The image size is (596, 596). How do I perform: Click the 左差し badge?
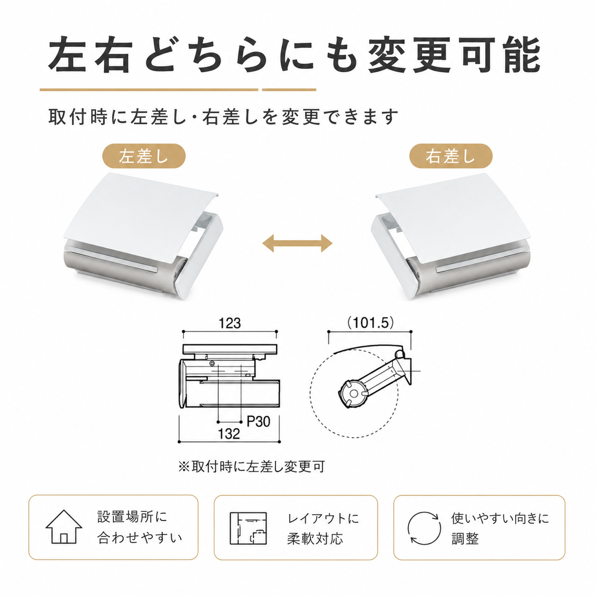pos(144,156)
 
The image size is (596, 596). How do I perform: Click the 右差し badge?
pos(451,156)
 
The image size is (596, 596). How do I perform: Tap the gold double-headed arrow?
pos(297,243)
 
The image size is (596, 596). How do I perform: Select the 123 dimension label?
pos(230,324)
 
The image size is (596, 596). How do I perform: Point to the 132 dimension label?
pos(229,434)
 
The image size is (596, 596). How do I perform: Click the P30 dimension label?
pos(259,421)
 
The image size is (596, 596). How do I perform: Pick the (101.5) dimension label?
pos(370,323)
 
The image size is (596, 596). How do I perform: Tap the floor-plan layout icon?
pos(248,528)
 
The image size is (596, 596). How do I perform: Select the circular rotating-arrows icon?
pos(424,528)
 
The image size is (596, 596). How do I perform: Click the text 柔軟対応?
pos(315,538)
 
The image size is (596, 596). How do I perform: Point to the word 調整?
pos(465,538)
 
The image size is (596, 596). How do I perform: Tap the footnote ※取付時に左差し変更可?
pos(251,475)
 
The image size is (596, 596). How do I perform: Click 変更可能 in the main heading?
pos(454,55)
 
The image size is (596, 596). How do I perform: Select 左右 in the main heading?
pos(90,55)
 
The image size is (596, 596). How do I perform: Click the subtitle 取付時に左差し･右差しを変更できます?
pos(223,116)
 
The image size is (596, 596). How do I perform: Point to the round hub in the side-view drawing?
pos(353,394)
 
